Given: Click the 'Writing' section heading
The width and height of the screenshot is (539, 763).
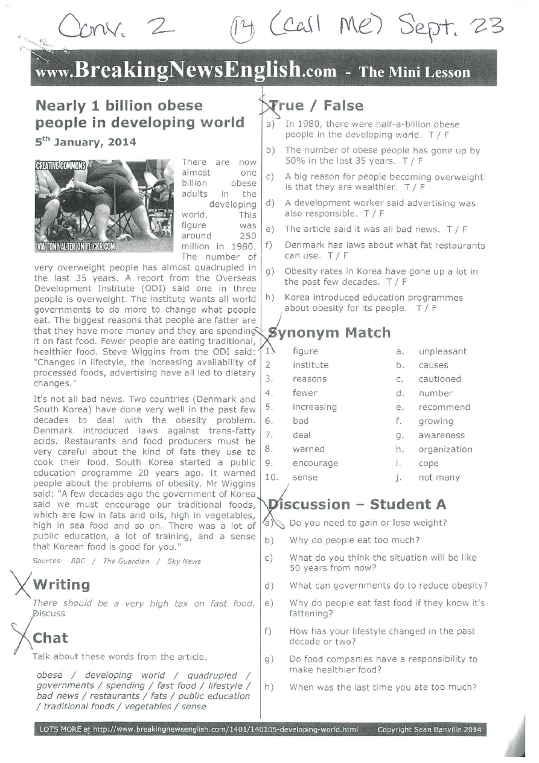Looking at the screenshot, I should pyautogui.click(x=61, y=584).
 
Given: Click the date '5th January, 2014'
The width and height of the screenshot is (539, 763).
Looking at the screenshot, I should pyautogui.click(x=85, y=142).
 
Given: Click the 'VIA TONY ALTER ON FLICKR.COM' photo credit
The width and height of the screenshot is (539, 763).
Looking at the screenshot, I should pyautogui.click(x=75, y=246).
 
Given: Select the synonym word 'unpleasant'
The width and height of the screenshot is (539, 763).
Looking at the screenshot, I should pyautogui.click(x=442, y=351).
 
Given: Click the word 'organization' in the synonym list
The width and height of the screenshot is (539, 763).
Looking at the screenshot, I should pyautogui.click(x=445, y=449).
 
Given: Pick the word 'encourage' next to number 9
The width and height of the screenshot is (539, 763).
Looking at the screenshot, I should pyautogui.click(x=315, y=463).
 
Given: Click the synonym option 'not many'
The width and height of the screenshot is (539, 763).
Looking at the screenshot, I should pyautogui.click(x=439, y=477).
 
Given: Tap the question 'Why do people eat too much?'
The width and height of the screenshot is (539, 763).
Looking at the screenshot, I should pyautogui.click(x=354, y=540).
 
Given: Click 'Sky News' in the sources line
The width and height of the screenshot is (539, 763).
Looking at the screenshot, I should pyautogui.click(x=183, y=561).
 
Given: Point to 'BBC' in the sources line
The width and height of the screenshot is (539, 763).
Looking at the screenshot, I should pyautogui.click(x=78, y=561).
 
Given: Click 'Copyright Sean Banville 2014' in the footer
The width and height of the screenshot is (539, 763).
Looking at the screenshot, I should pyautogui.click(x=429, y=730).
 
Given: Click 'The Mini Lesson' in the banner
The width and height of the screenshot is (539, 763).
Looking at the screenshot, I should pyautogui.click(x=414, y=73).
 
